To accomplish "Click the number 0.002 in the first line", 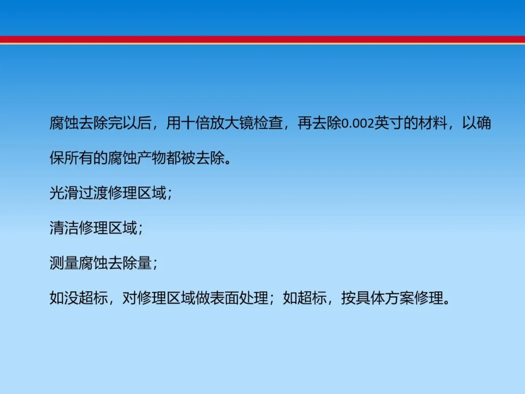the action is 358,124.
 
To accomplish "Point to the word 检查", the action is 268,123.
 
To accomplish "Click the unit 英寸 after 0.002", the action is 388,123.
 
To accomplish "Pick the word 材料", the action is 432,123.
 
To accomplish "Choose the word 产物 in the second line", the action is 151,158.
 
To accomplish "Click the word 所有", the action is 79,158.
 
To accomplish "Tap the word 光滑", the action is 64,193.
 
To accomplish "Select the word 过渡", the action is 93,193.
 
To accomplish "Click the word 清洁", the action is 64,228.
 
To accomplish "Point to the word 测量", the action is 64,263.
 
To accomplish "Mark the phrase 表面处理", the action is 239,298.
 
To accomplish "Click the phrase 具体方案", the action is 385,298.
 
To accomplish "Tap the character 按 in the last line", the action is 349,298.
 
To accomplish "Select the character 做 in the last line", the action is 203,298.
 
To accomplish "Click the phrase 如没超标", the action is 79,298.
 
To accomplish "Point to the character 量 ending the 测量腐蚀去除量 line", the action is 144,263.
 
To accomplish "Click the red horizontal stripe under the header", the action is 262,39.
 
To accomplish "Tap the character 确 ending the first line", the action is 484,123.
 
